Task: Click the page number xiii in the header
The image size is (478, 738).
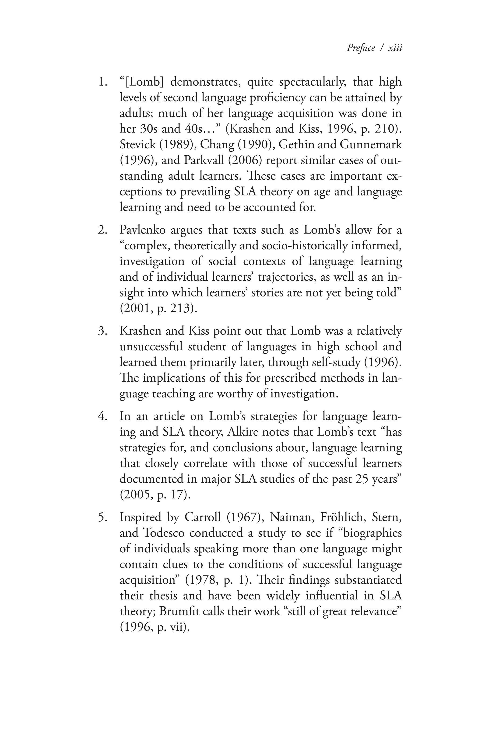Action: coord(395,48)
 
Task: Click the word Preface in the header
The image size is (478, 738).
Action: coord(361,48)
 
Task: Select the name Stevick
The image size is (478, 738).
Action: coord(138,145)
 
